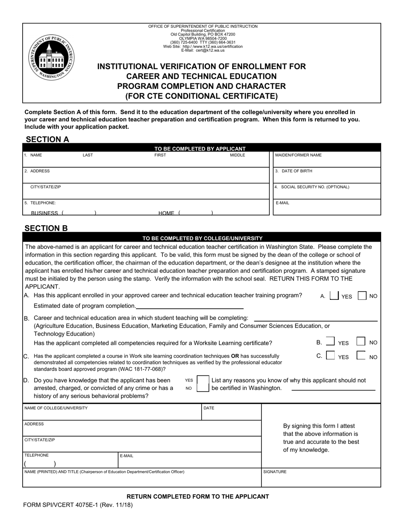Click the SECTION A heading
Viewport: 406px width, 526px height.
[x=47, y=139]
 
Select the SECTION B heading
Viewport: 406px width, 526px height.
[x=46, y=228]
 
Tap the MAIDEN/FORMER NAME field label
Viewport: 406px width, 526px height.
[x=298, y=155]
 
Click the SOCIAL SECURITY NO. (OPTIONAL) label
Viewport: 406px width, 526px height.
[x=312, y=187]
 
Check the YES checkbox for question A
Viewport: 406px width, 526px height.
[x=335, y=296]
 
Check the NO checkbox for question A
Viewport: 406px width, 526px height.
[x=362, y=296]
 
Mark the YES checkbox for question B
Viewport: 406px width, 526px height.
[x=330, y=342]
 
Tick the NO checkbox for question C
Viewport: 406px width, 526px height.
[x=361, y=356]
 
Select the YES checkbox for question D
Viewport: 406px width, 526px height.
[x=203, y=380]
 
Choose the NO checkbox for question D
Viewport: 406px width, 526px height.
[x=203, y=388]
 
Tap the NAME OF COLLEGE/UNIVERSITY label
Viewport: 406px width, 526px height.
[x=56, y=408]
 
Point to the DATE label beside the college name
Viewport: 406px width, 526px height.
[x=209, y=408]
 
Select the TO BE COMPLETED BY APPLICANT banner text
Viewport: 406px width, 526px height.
[x=200, y=149]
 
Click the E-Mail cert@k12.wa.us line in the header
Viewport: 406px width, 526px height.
[x=203, y=50]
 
